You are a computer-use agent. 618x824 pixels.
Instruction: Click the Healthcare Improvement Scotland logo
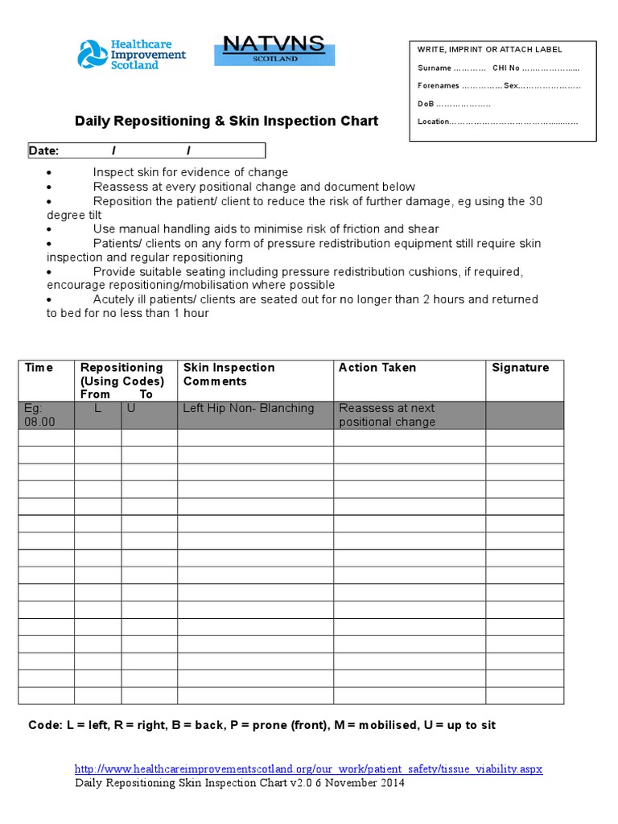coord(131,54)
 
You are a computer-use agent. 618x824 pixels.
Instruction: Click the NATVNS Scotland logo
coord(270,49)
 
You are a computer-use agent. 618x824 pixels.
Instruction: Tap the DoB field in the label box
coord(454,104)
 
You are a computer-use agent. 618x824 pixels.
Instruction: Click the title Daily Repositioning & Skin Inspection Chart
coord(226,122)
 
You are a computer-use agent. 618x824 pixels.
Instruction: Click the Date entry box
coord(146,150)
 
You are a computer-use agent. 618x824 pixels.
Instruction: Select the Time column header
coord(39,368)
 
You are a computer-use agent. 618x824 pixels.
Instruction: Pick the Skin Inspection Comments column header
coord(229,374)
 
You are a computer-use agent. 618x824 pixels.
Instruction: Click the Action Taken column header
coord(377,368)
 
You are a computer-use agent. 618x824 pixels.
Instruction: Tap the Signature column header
coord(520,368)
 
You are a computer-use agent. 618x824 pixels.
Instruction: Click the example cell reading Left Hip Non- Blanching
coord(248,408)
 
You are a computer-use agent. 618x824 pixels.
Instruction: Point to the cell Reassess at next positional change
coord(387,414)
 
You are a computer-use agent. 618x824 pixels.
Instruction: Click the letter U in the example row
coord(130,408)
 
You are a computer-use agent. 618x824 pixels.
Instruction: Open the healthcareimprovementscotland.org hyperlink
coord(308,768)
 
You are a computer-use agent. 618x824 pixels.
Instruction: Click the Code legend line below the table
coord(262,725)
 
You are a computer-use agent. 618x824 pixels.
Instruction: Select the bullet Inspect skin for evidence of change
coord(190,172)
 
